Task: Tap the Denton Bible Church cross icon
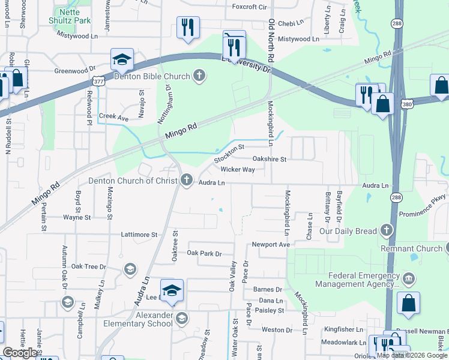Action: point(199,76)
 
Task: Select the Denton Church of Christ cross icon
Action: point(187,179)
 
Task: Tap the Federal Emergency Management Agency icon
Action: point(408,278)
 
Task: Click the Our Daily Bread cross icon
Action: point(386,230)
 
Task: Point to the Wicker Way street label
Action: point(238,170)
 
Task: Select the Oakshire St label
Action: point(270,160)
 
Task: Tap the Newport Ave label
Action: point(271,245)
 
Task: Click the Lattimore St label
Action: point(139,235)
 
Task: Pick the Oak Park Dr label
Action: point(204,254)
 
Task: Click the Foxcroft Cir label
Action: point(249,7)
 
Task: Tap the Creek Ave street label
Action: point(113,118)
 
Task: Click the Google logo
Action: point(19,353)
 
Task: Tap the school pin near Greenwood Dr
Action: point(122,60)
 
